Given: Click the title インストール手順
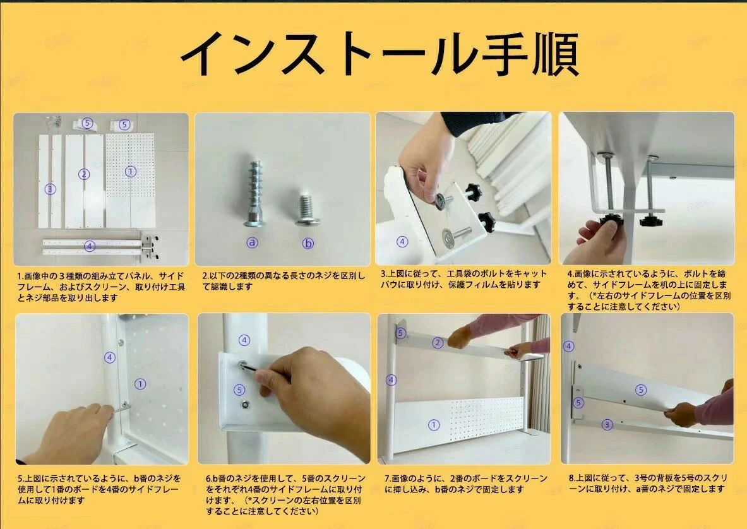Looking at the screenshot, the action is (379, 54).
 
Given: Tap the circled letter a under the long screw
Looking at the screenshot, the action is (252, 242).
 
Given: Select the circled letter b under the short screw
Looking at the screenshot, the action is (308, 243).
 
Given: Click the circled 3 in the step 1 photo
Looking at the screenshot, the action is (50, 189).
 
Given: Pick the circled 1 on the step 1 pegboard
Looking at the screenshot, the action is (131, 172).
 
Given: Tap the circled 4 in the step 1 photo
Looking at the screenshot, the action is (89, 246).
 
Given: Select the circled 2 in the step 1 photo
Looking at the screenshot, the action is (84, 174).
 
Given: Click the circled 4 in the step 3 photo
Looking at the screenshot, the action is (403, 242).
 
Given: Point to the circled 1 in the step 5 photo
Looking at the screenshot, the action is (140, 384).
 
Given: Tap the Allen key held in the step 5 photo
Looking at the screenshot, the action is (122, 408).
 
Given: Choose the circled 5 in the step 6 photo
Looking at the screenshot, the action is (239, 390).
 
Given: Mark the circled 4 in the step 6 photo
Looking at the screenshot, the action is (244, 340).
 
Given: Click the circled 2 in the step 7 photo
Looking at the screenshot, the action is (438, 342).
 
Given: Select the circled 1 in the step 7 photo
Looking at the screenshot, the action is (434, 425).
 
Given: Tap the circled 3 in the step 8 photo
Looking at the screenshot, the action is (607, 424).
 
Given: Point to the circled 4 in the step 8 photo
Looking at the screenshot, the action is (568, 346).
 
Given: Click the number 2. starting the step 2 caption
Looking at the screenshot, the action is (206, 276).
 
